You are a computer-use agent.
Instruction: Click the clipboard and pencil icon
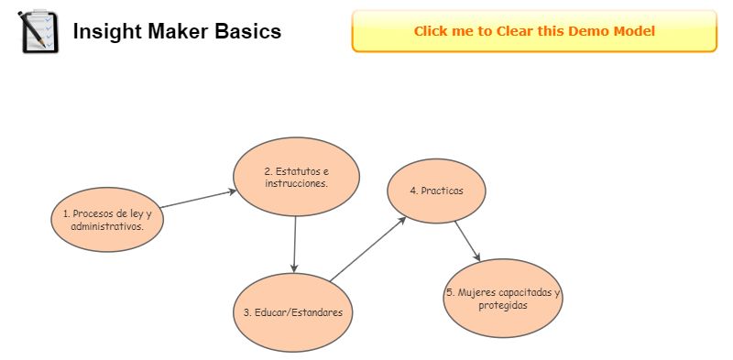(x=38, y=31)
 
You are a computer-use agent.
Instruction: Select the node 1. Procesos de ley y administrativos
(x=107, y=220)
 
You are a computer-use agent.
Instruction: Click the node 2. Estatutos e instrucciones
(x=296, y=177)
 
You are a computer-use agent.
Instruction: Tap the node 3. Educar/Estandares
(x=293, y=312)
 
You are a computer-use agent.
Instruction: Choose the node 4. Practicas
(x=437, y=191)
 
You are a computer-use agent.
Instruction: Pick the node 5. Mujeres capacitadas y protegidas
(x=503, y=299)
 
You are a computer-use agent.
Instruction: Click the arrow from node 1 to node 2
(x=198, y=199)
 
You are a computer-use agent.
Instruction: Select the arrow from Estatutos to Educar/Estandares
(x=294, y=245)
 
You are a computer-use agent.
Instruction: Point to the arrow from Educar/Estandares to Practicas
(x=368, y=249)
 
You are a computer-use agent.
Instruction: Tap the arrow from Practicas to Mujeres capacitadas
(x=467, y=241)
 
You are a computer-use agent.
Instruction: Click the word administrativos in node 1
(x=107, y=226)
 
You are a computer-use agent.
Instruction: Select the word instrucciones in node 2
(x=296, y=183)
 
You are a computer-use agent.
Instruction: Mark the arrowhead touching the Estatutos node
(x=233, y=191)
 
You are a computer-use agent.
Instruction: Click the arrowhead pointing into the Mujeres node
(x=476, y=256)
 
